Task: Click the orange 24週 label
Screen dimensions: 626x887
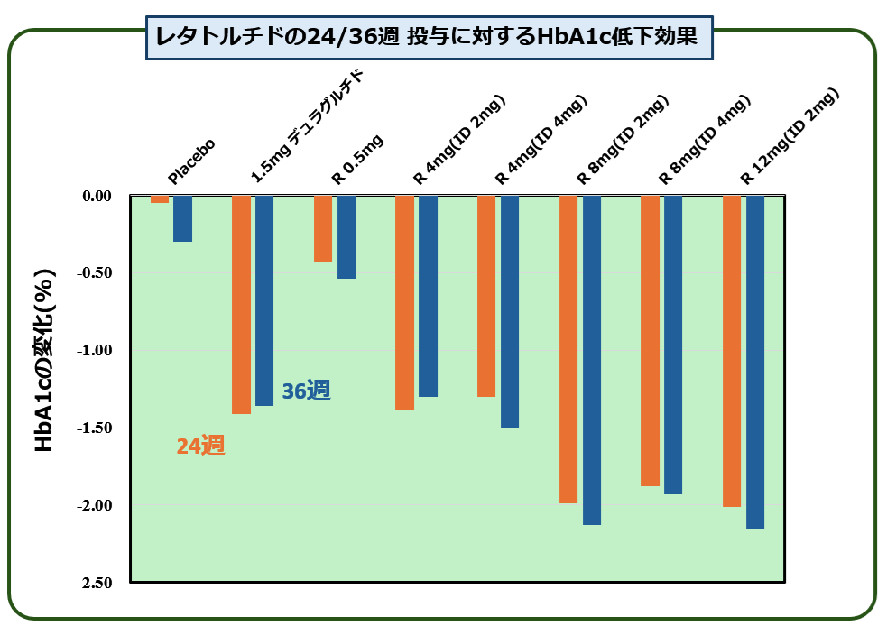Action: [200, 445]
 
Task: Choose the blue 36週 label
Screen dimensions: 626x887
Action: [306, 391]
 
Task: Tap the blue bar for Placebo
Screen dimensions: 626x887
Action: [182, 218]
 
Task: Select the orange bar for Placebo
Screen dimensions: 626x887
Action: [160, 199]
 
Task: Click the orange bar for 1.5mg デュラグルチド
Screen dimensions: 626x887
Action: [241, 304]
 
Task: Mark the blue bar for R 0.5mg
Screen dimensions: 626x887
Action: [346, 237]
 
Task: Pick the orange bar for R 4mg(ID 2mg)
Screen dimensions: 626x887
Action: [404, 302]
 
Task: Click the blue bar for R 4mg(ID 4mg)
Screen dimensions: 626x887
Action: [510, 311]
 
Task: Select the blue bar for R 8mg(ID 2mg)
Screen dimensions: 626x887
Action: [592, 360]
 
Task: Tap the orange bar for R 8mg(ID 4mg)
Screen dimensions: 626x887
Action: [650, 340]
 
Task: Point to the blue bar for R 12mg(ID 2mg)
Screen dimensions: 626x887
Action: [755, 362]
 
